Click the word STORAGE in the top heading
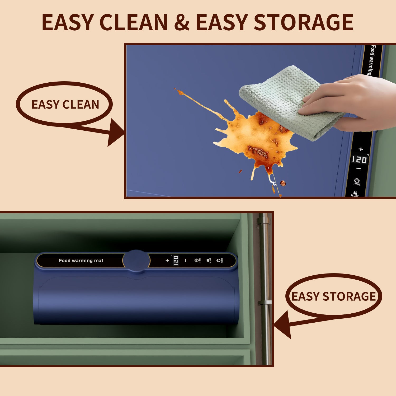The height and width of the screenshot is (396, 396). [x=303, y=22]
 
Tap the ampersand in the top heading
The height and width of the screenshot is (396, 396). [x=182, y=22]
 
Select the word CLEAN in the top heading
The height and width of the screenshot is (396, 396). [x=134, y=22]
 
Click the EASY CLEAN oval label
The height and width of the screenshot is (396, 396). [x=65, y=104]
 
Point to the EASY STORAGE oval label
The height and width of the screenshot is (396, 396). [x=333, y=296]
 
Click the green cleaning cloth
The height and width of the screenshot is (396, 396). [x=285, y=100]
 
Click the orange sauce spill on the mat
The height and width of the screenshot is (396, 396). [x=253, y=137]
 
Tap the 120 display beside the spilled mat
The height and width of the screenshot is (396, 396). [x=359, y=159]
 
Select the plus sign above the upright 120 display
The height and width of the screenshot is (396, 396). [x=361, y=149]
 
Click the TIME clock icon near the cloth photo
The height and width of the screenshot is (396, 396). [x=357, y=181]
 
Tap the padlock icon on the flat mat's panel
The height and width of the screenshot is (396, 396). [x=355, y=193]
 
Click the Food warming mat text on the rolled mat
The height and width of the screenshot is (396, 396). [x=81, y=261]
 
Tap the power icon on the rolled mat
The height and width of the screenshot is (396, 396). [x=219, y=261]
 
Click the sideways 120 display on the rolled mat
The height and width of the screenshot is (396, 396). [x=176, y=261]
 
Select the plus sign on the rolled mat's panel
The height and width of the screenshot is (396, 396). [x=167, y=261]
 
